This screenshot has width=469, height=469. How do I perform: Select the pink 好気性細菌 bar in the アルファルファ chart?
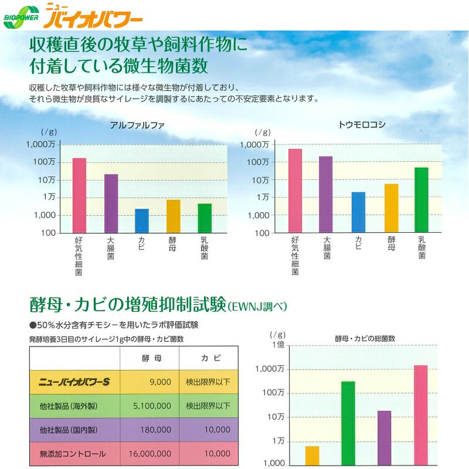(79, 195)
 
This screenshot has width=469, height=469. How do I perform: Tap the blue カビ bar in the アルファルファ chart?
(142, 220)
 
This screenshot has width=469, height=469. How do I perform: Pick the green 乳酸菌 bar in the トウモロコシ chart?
(422, 200)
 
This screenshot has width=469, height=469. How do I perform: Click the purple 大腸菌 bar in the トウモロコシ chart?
(326, 194)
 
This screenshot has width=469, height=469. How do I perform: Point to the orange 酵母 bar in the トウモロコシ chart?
(391, 208)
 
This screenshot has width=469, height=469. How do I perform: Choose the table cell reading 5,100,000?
(150, 405)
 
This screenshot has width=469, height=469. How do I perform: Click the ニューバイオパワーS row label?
(74, 382)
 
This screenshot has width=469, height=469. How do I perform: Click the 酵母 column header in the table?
(149, 358)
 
